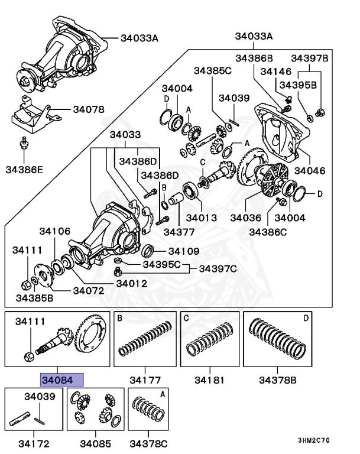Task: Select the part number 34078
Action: (x=88, y=109)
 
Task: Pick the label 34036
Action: (x=246, y=218)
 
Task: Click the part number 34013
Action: (x=197, y=218)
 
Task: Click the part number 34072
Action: (x=89, y=290)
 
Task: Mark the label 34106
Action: (x=55, y=231)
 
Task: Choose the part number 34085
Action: (x=96, y=442)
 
